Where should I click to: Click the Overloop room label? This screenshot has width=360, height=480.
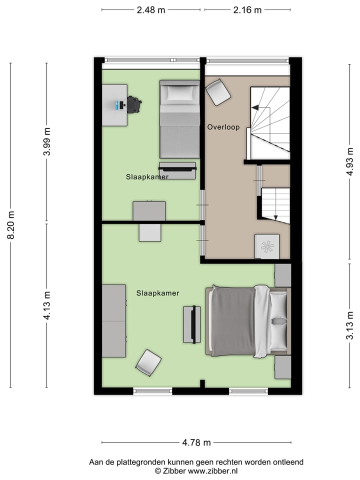click(x=223, y=127)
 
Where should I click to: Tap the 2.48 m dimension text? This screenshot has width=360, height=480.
click(x=151, y=9)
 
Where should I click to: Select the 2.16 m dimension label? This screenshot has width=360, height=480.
click(x=247, y=9)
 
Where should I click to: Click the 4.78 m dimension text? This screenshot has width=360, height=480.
click(x=196, y=442)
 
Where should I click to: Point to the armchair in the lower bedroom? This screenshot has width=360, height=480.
click(x=148, y=362)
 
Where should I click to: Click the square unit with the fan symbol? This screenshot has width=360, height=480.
click(x=267, y=246)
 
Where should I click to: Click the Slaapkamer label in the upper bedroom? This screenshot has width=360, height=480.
click(x=147, y=176)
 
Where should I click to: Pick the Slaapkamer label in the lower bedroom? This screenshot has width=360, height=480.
click(x=157, y=293)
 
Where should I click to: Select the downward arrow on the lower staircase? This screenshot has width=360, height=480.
click(x=275, y=215)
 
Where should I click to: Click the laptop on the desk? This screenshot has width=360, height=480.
click(x=120, y=105)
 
